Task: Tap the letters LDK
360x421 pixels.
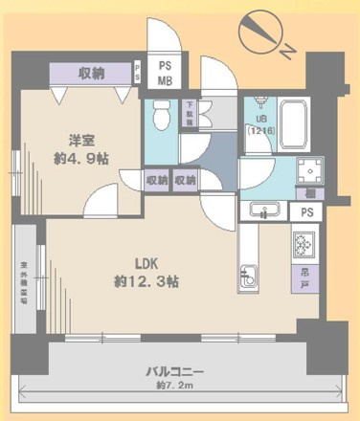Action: tap(127, 263)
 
